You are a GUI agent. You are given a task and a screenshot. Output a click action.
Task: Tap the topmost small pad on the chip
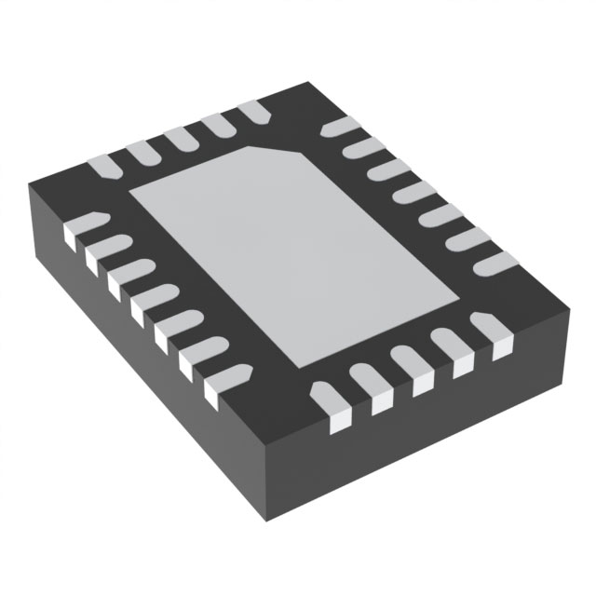253,113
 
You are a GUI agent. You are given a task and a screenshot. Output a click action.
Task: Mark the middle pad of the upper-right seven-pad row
413,193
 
